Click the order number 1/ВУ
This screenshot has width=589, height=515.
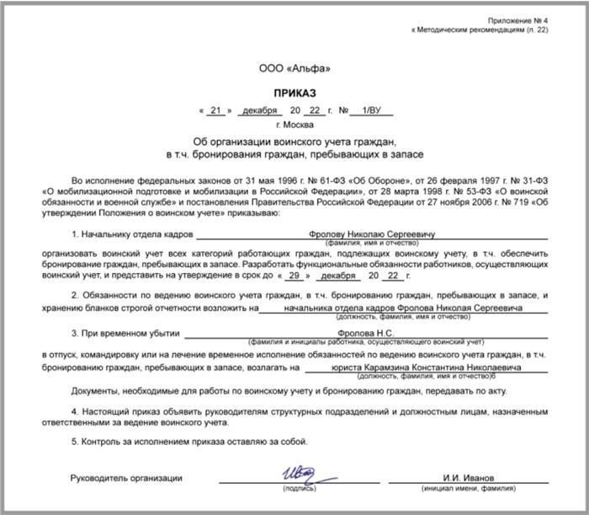tap(369, 110)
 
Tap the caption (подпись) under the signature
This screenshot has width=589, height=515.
tap(298, 489)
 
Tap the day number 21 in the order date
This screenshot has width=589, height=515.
tap(215, 110)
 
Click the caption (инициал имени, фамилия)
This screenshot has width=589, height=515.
tap(475, 489)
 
